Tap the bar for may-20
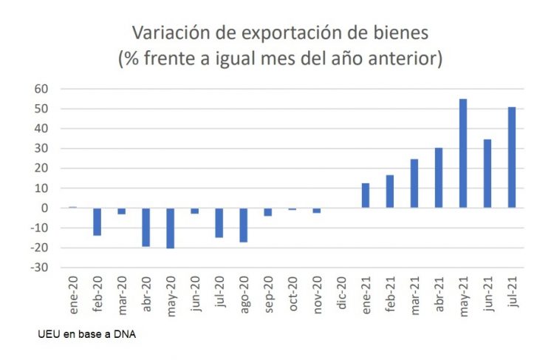(170, 228)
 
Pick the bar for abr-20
(146, 227)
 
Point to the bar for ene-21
(366, 195)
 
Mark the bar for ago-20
(244, 225)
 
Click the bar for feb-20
(97, 222)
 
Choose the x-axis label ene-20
(73, 294)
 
